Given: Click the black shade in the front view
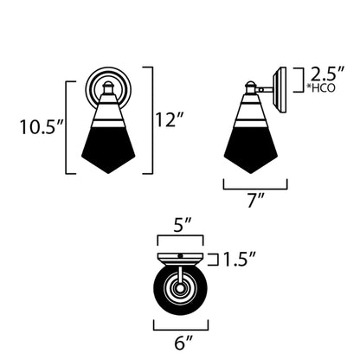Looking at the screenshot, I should pos(109,149).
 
